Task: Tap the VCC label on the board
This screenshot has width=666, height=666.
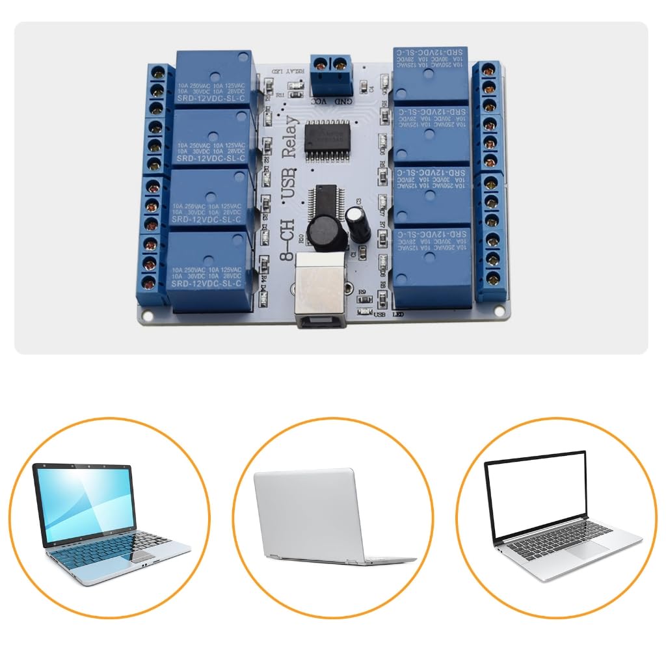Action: click(319, 101)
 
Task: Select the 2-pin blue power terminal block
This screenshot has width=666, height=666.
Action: click(331, 71)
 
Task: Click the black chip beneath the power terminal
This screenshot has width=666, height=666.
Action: click(328, 134)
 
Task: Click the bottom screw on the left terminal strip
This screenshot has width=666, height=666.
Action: click(148, 284)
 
